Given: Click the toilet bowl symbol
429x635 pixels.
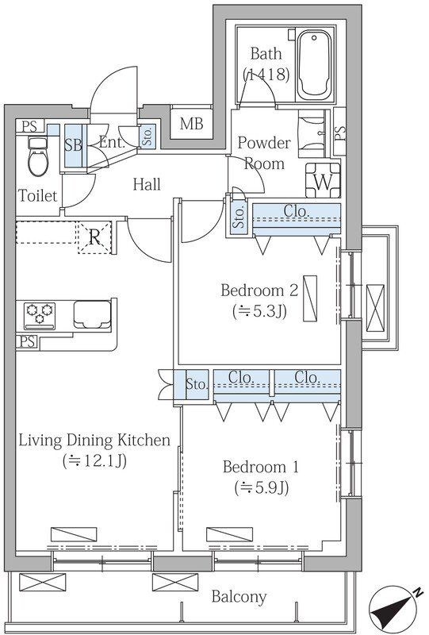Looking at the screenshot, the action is pos(38,157).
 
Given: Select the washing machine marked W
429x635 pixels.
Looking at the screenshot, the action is pos(323,180).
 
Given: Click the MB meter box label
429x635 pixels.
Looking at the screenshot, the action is pos(191,124).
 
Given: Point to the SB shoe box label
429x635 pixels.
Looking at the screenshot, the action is pos(73,145).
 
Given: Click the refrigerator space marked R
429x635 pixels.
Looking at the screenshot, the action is pos(94,237).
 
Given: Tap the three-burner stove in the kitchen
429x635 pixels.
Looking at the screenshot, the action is pos(40,315).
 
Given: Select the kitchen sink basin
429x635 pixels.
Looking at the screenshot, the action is pos(92,314).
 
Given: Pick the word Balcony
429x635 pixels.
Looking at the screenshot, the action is pos(239,596).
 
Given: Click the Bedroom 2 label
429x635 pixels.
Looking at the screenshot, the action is pos(259,291).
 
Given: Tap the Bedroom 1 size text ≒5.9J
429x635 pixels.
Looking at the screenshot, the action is pos(261,487).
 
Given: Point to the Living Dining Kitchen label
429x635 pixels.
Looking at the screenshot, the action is pos(94,441).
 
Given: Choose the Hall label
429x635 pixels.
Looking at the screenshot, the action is pos(147,184).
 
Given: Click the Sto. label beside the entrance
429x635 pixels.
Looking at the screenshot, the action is pos(147,136).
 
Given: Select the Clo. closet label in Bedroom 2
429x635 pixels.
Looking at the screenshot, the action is pos(297,210).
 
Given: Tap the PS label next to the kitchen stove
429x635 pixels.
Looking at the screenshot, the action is pos(27,342).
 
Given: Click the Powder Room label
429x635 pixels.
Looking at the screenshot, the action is pos(264,153).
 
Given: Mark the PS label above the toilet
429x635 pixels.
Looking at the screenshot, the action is pos(29,126).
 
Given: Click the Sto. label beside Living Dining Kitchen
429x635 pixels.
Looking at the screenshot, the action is pos(197,383).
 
